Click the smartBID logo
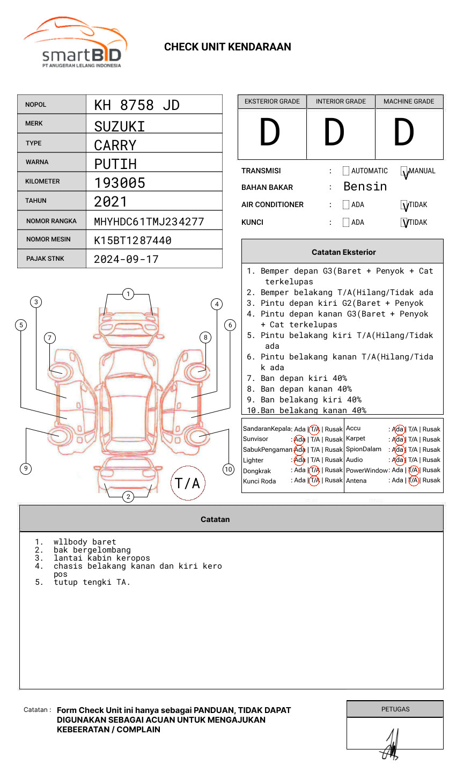(76, 45)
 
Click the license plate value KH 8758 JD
(137, 105)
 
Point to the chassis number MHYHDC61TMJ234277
(149, 222)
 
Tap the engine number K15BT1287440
(133, 240)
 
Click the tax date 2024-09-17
(126, 260)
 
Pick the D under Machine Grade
(403, 133)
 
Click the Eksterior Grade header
(272, 101)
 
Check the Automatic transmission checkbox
(346, 171)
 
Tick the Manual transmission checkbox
(404, 172)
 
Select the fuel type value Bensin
(365, 187)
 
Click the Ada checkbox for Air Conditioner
(346, 205)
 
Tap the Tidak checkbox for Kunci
(404, 223)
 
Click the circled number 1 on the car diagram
(128, 294)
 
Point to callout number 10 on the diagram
(229, 469)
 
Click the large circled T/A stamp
(188, 483)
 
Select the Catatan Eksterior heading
(343, 252)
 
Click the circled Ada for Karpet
(398, 439)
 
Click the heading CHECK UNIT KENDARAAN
(227, 47)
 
